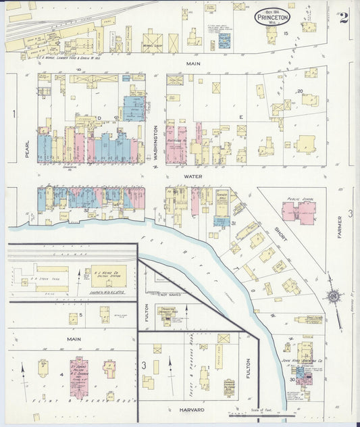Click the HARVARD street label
(192, 409)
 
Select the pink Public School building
(299, 211)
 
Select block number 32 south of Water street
(86, 210)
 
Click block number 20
(299, 91)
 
